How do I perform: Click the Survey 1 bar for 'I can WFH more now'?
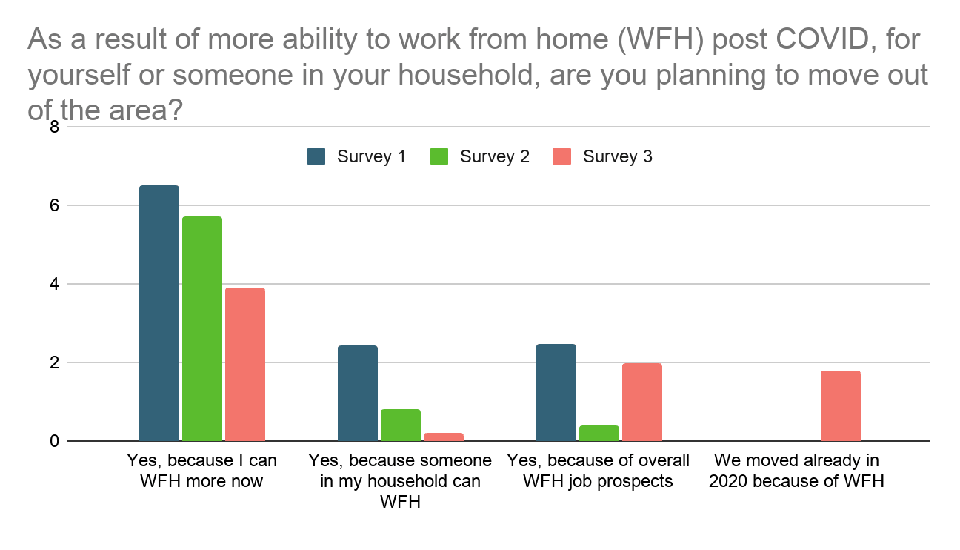pyautogui.click(x=159, y=314)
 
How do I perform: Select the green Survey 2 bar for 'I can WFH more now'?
pyautogui.click(x=202, y=328)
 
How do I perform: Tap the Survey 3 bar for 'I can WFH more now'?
pyautogui.click(x=245, y=364)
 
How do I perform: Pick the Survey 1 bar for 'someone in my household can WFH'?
pyautogui.click(x=358, y=393)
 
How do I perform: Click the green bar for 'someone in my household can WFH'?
pyautogui.click(x=401, y=425)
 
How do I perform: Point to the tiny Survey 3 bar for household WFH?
pyautogui.click(x=444, y=437)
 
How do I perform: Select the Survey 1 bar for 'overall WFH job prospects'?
pyautogui.click(x=556, y=393)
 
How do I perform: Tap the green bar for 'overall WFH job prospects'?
pyautogui.click(x=599, y=434)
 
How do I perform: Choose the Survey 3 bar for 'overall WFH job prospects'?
pyautogui.click(x=642, y=402)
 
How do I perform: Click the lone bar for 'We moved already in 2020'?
pyautogui.click(x=841, y=406)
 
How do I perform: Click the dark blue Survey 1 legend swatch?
pyautogui.click(x=316, y=156)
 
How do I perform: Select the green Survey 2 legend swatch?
pyautogui.click(x=439, y=156)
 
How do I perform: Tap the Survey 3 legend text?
pyautogui.click(x=618, y=156)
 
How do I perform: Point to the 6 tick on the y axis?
pyautogui.click(x=54, y=205)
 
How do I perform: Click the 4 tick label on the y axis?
pyautogui.click(x=54, y=284)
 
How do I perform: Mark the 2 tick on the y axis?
pyautogui.click(x=54, y=362)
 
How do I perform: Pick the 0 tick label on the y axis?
pyautogui.click(x=54, y=441)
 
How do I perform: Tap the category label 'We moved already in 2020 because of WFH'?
pyautogui.click(x=797, y=471)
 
